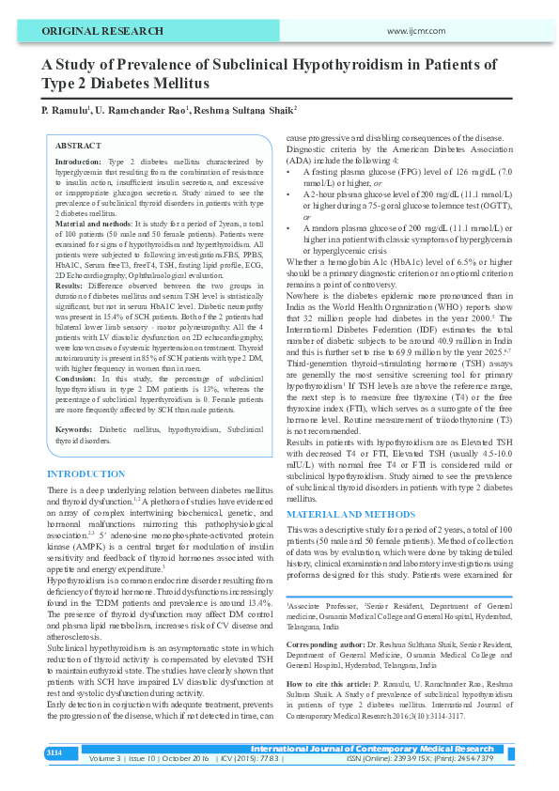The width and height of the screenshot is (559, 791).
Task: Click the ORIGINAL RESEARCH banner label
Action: pos(90,31)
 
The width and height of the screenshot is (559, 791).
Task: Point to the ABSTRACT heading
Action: pos(78,147)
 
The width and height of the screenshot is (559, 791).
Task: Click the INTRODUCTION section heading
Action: pos(85,473)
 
